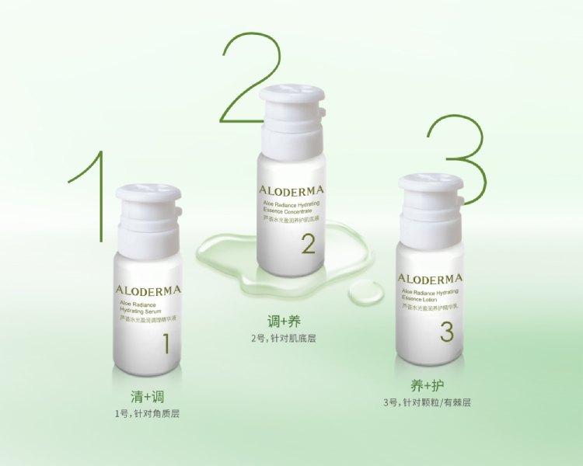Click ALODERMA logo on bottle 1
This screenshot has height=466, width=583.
150,290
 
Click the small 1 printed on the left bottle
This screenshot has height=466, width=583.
165,343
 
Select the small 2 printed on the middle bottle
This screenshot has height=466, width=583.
308,245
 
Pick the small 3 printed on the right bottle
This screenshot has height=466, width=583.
445,332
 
